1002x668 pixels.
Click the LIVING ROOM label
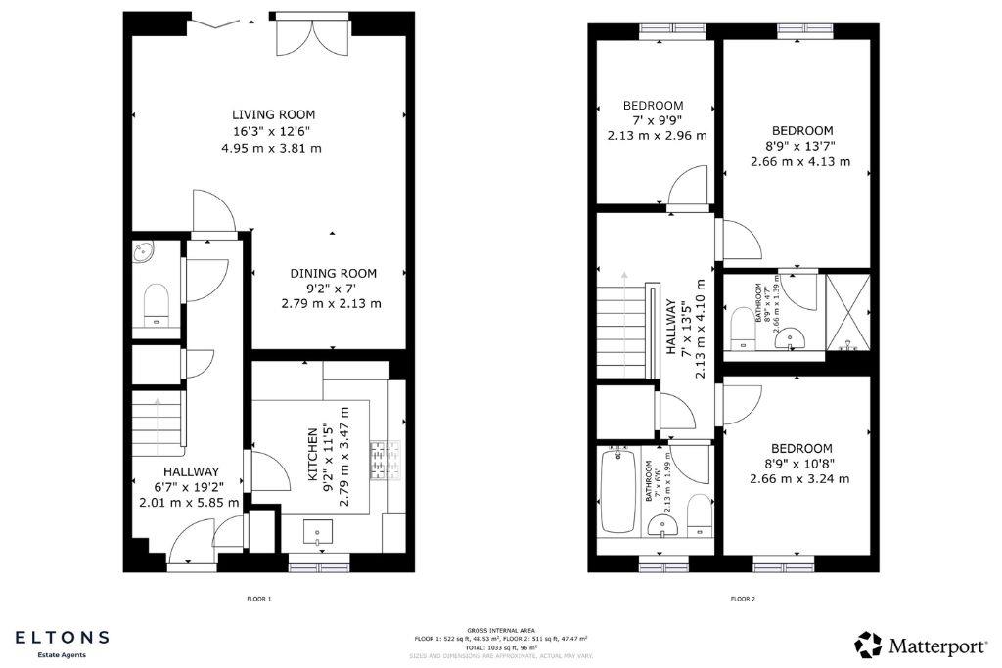(273, 114)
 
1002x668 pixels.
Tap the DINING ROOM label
(333, 273)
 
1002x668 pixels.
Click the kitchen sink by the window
(319, 533)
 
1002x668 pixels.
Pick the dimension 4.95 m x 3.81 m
(273, 149)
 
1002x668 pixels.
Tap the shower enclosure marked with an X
(847, 312)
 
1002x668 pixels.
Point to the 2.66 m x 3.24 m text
(800, 479)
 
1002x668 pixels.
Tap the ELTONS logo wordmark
(62, 638)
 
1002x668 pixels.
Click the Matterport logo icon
(868, 645)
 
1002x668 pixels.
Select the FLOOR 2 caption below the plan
(742, 599)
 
